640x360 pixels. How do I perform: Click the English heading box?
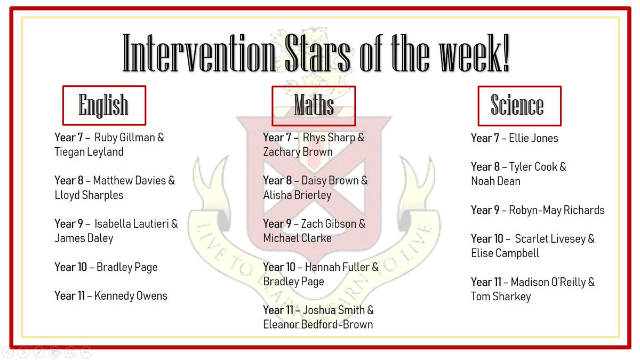click(x=103, y=105)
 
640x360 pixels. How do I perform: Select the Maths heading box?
click(x=314, y=105)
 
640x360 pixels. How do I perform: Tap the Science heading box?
click(x=518, y=105)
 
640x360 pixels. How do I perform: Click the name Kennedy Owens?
click(x=131, y=295)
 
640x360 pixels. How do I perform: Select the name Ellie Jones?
click(x=533, y=138)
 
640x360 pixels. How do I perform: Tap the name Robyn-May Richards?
click(x=557, y=210)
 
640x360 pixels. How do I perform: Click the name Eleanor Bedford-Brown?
click(x=318, y=324)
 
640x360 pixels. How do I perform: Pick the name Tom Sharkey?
click(x=501, y=297)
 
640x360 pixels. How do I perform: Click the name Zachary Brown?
click(x=298, y=152)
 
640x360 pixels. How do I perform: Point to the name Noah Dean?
click(x=495, y=181)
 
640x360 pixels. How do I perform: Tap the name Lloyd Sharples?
click(x=89, y=195)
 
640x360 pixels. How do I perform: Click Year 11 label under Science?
click(x=486, y=282)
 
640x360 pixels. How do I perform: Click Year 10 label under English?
click(x=70, y=267)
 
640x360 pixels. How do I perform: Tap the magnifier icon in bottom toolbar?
click(x=70, y=352)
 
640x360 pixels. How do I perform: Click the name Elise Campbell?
click(x=505, y=253)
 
